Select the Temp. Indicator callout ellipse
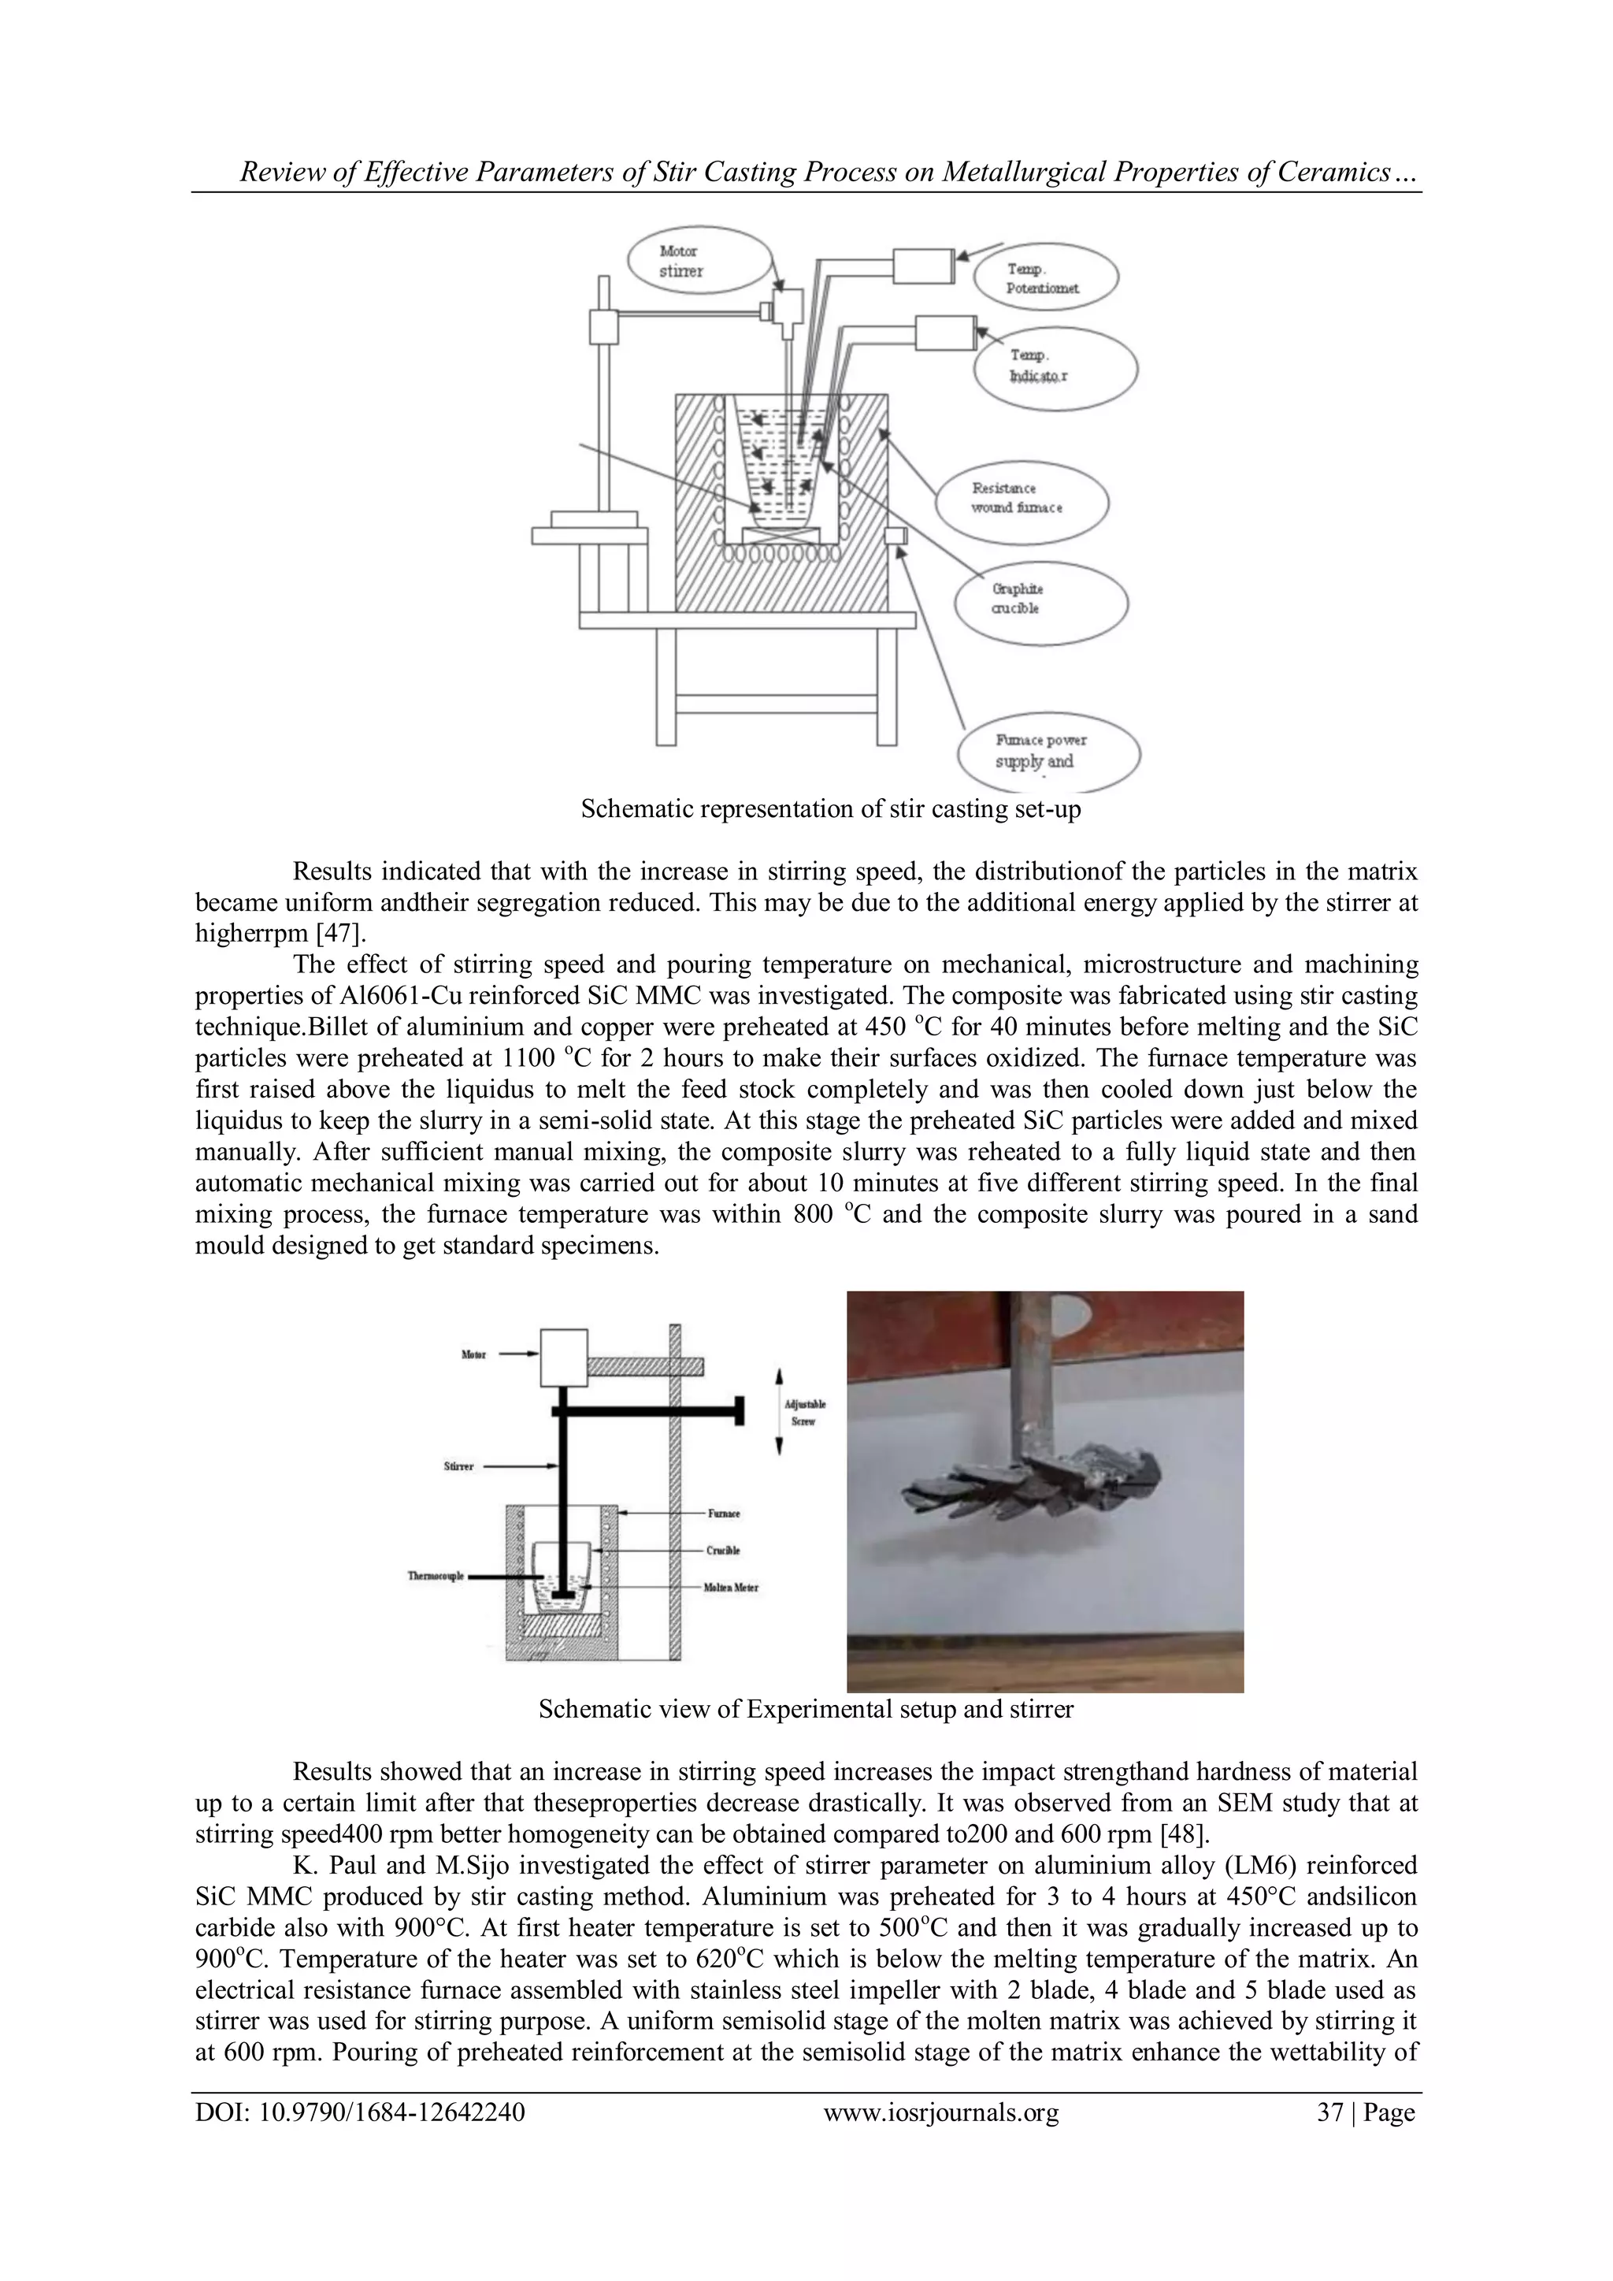pyautogui.click(x=1057, y=369)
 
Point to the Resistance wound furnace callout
pyautogui.click(x=1021, y=499)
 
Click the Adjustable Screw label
pyautogui.click(x=804, y=1412)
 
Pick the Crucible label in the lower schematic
pyautogui.click(x=723, y=1551)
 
